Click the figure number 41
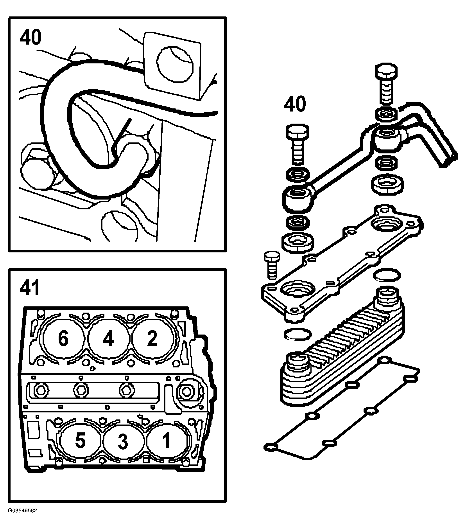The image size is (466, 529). click(30, 287)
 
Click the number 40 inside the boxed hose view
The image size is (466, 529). click(30, 37)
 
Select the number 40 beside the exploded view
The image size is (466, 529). click(295, 104)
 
